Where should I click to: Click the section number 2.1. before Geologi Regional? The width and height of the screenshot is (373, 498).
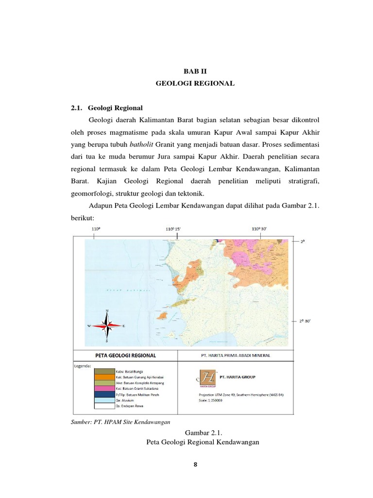tap(78, 107)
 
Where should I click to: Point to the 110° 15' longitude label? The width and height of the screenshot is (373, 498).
tap(177, 228)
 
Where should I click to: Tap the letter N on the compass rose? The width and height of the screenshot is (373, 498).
tap(107, 311)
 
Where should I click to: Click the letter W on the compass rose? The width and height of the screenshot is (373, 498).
tap(89, 326)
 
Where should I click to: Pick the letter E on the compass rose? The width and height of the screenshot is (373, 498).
tap(124, 326)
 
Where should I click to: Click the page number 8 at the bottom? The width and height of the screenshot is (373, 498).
tap(195, 464)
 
